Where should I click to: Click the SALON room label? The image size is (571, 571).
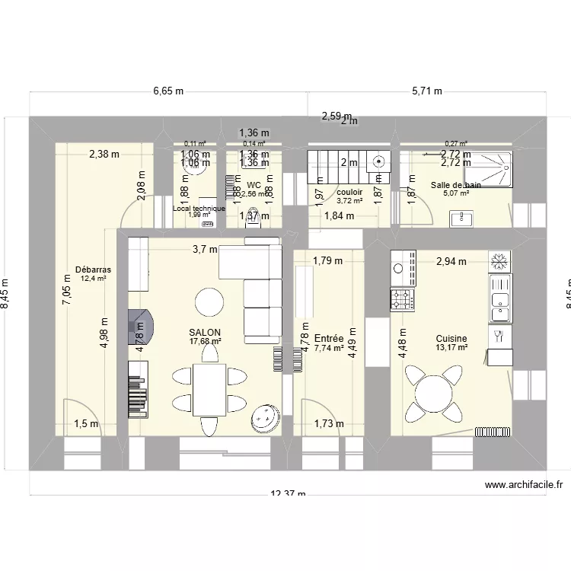[206, 333]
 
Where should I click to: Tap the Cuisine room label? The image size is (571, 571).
[451, 339]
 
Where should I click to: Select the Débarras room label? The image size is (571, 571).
[94, 270]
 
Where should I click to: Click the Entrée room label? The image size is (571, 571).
[328, 338]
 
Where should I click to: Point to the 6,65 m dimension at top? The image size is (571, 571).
[168, 91]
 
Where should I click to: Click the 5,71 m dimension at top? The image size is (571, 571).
[426, 91]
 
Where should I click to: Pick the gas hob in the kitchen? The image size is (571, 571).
[403, 299]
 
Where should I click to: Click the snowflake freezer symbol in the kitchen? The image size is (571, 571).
[500, 263]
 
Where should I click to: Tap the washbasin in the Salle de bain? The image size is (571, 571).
[460, 219]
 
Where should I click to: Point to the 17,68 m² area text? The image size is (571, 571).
[206, 342]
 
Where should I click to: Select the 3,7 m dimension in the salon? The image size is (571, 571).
[205, 249]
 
